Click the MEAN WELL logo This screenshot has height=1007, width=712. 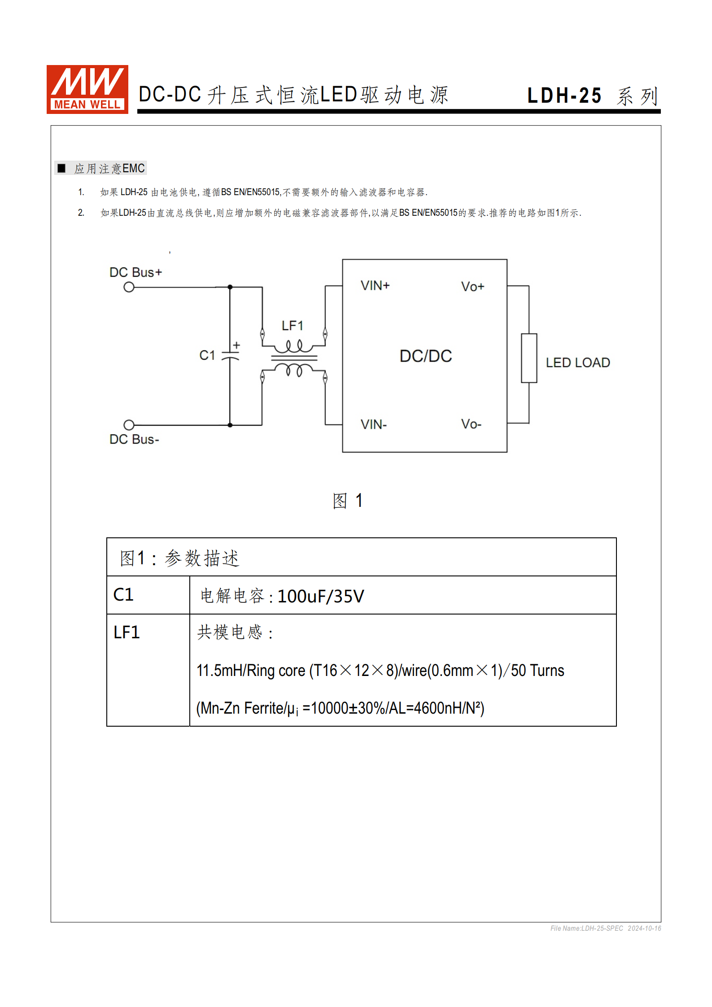tap(87, 89)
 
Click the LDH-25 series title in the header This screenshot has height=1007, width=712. tap(592, 96)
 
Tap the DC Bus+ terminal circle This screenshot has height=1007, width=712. tap(129, 287)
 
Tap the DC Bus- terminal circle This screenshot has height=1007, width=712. tap(129, 425)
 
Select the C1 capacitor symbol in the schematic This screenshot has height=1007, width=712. tap(230, 356)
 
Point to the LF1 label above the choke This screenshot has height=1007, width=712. tap(293, 326)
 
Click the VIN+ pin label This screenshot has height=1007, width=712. tap(375, 286)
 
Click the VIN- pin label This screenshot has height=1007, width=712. tap(374, 424)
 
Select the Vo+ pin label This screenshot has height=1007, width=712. tap(472, 287)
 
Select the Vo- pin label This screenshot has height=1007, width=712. tap(471, 424)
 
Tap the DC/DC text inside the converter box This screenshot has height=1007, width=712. tap(425, 356)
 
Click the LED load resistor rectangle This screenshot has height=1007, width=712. tap(529, 358)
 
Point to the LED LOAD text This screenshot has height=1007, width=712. tap(577, 362)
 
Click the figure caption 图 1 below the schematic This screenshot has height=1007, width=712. tap(347, 501)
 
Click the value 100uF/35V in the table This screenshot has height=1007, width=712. tap(321, 597)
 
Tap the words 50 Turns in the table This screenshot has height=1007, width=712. tap(537, 671)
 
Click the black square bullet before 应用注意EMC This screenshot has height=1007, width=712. tap(62, 168)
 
